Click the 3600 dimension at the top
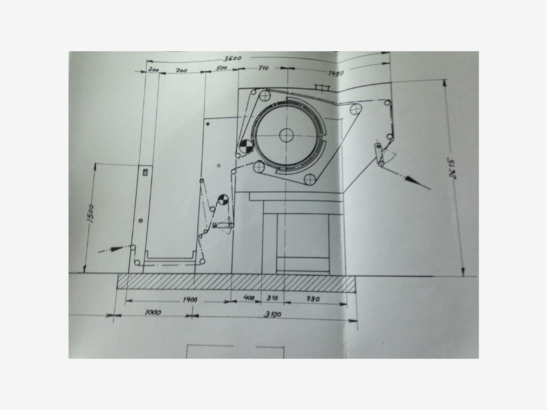(x=232, y=58)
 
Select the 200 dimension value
(x=153, y=69)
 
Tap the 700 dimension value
(x=182, y=70)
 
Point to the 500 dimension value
(x=221, y=68)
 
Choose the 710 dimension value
(x=263, y=68)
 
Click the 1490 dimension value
(x=336, y=73)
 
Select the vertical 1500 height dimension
(x=90, y=213)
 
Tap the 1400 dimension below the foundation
(x=190, y=299)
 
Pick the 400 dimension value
(x=249, y=298)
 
